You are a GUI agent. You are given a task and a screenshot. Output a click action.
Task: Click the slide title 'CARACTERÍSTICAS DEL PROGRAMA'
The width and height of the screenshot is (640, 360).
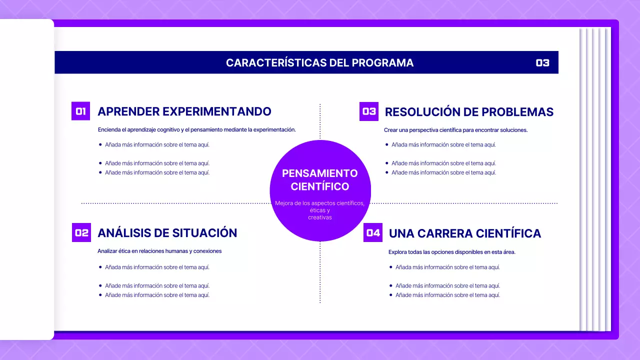(319, 63)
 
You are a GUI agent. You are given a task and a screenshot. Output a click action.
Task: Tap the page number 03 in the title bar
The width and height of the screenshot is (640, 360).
(542, 63)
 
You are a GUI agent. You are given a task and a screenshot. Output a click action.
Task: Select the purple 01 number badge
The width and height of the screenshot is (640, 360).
(81, 111)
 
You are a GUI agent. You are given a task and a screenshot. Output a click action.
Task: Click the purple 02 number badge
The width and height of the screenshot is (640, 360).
(81, 232)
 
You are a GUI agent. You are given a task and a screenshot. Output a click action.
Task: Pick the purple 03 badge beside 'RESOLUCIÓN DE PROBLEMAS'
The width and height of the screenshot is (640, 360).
(369, 111)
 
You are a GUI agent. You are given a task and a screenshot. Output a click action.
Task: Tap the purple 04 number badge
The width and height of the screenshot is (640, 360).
(373, 232)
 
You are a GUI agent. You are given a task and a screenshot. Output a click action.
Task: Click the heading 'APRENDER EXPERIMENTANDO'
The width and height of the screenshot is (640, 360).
(184, 111)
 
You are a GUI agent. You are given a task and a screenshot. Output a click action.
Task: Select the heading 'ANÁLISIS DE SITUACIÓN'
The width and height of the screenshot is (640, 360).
(167, 233)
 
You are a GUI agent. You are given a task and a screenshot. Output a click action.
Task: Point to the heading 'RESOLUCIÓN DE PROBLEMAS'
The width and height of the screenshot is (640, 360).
(469, 112)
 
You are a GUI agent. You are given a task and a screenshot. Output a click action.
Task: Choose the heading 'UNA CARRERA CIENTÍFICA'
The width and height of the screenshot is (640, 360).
(465, 233)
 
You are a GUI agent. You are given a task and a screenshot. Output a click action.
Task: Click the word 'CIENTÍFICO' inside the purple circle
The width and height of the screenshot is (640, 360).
(320, 187)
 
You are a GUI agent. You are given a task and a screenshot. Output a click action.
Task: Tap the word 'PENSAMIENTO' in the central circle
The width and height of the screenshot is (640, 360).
(320, 173)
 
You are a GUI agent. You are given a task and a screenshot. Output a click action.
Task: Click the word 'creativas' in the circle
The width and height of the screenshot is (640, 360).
(320, 217)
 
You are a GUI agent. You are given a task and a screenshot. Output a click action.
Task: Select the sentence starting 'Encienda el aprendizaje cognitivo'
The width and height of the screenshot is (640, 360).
(197, 129)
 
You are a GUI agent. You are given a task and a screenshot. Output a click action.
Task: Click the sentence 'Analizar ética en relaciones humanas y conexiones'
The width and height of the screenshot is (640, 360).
(159, 251)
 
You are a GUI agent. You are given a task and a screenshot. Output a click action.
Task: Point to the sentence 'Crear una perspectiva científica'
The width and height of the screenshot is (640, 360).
(455, 130)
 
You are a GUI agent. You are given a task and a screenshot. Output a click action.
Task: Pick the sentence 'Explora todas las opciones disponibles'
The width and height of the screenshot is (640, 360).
(452, 252)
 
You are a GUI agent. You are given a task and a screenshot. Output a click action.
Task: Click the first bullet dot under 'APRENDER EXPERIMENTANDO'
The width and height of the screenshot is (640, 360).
(100, 144)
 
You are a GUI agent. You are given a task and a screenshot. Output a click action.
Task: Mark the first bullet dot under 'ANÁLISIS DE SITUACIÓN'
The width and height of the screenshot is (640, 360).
(100, 267)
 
